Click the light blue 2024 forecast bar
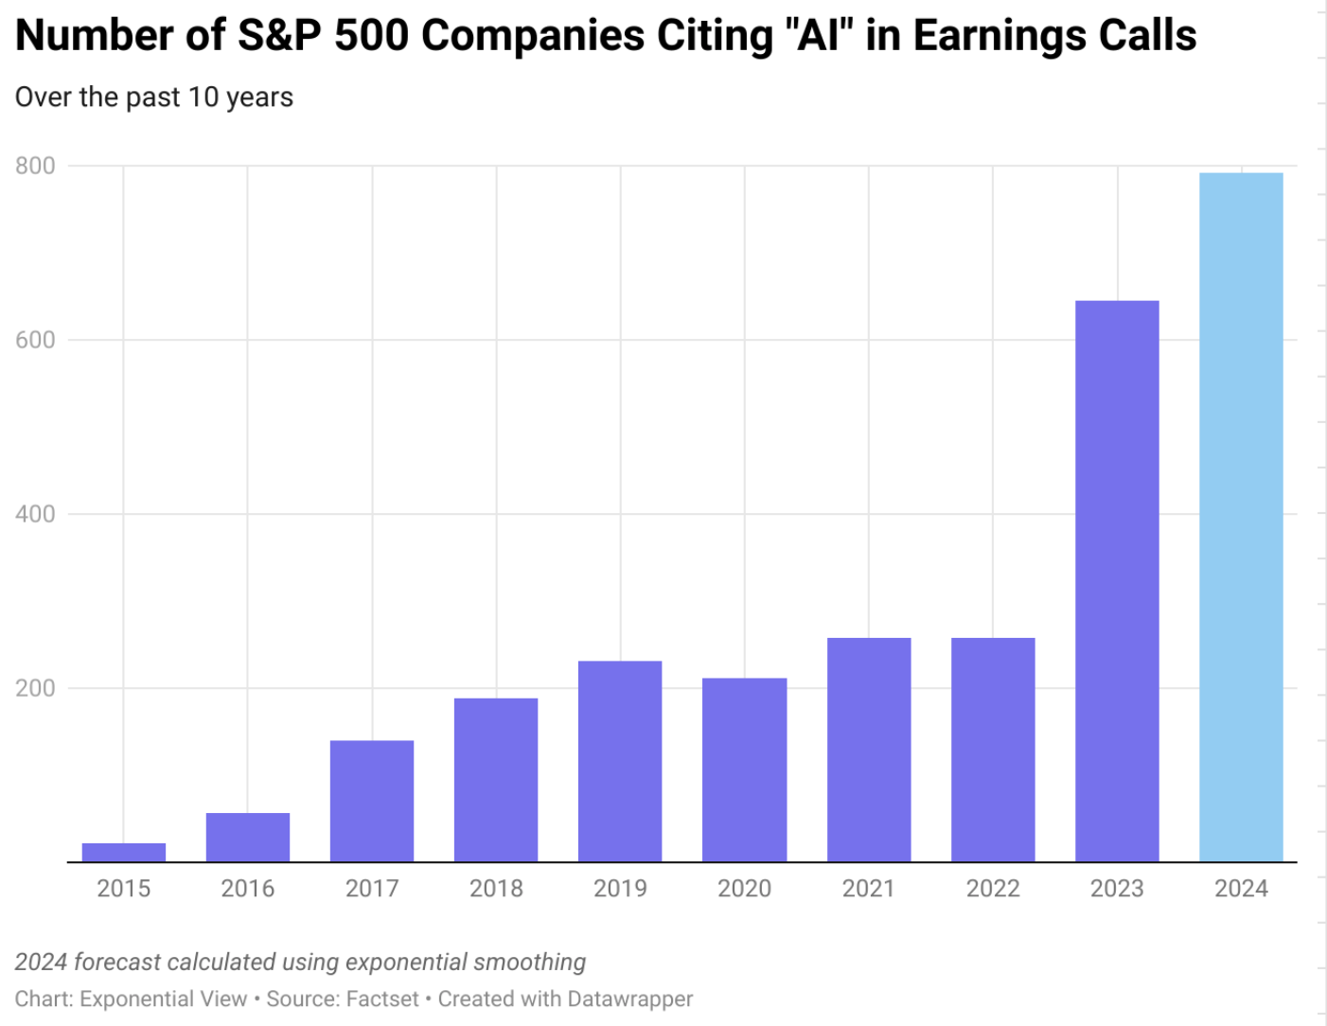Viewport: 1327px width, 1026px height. (x=1241, y=517)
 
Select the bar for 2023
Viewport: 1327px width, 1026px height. (x=1117, y=581)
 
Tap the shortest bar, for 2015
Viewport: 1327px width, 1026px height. (x=124, y=852)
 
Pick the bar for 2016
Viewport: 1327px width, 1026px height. (x=248, y=837)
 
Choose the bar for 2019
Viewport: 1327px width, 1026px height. (x=620, y=761)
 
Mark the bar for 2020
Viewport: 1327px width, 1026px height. (x=744, y=769)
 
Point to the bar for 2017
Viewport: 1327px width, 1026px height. (x=372, y=801)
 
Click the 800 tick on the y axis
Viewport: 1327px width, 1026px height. (x=35, y=166)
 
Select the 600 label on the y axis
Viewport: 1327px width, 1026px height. (x=35, y=340)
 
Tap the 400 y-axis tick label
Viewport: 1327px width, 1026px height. (x=35, y=514)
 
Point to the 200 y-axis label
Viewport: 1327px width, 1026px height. (x=35, y=688)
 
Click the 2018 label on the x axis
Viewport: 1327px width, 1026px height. (x=496, y=889)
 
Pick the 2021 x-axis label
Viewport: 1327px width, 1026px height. (x=868, y=889)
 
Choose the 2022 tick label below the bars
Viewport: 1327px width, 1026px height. (x=993, y=889)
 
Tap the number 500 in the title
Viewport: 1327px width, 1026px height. (x=372, y=36)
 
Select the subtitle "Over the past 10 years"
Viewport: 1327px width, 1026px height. (x=154, y=97)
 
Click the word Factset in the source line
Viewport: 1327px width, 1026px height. (x=382, y=999)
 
